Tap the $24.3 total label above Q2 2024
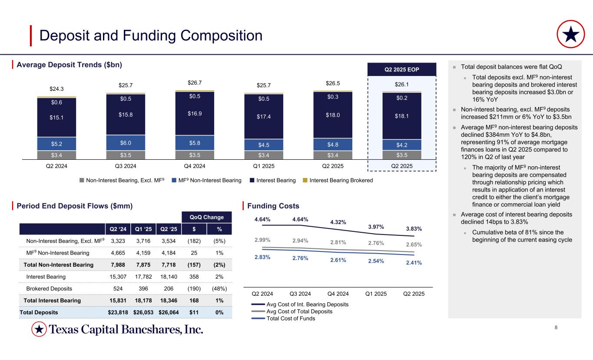click(x=56, y=89)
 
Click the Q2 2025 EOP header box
click(x=401, y=69)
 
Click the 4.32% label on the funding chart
click(x=338, y=222)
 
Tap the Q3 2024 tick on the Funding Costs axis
click(x=300, y=293)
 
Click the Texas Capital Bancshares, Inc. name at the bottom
click(x=126, y=330)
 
